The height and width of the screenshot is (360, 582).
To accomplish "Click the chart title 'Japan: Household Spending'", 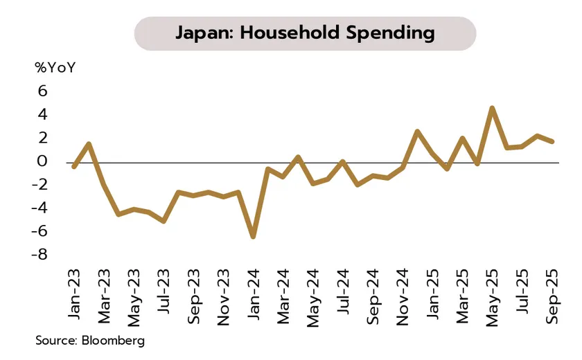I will [x=305, y=33].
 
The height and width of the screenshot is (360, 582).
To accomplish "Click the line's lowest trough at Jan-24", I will [x=254, y=237].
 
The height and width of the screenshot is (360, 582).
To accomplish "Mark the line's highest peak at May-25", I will [x=492, y=108].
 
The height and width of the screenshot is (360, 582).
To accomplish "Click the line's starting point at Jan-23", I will [x=74, y=166].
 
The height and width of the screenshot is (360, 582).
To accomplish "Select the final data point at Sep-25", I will [x=552, y=141].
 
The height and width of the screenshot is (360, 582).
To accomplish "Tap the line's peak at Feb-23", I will [x=89, y=144].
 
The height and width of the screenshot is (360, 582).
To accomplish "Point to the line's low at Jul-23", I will [x=164, y=221].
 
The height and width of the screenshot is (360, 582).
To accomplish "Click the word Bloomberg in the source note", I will [x=112, y=341].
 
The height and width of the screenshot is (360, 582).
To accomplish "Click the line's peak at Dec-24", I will [x=418, y=132].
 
